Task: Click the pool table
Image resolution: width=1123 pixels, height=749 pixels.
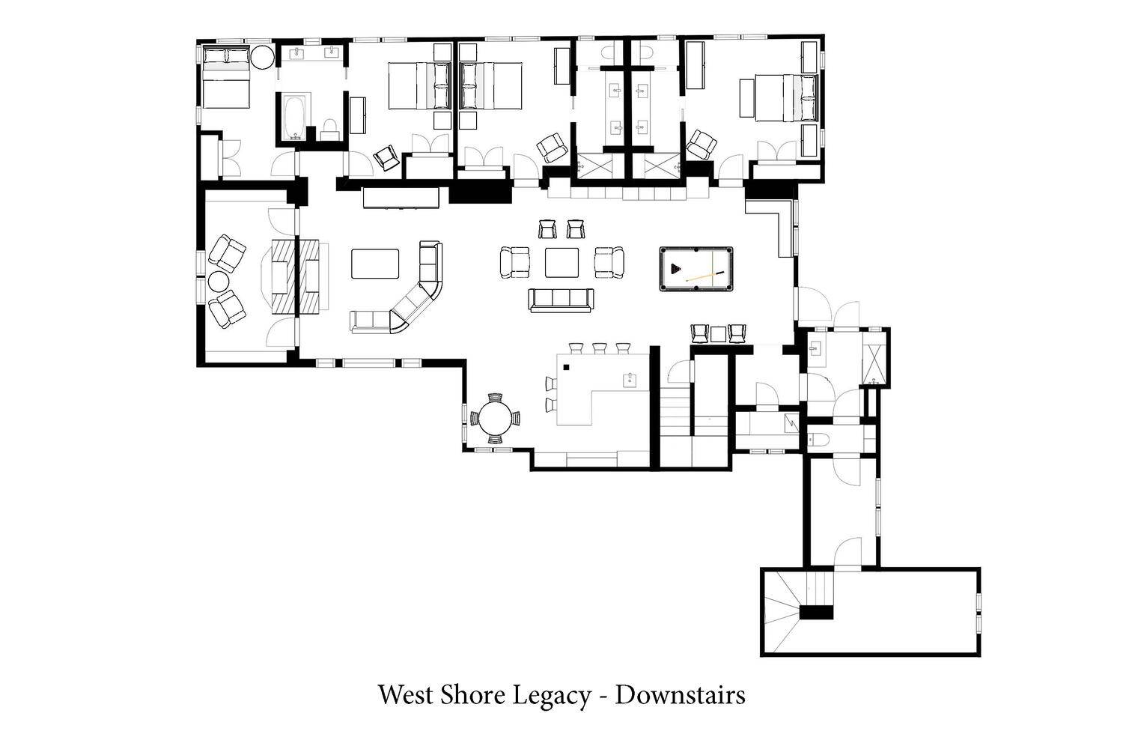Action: tap(696, 268)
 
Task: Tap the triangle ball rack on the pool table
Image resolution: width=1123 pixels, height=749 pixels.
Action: tap(676, 269)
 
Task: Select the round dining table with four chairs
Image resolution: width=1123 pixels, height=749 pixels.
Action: tap(496, 419)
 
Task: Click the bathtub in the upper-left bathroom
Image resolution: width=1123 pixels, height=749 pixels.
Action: tap(293, 118)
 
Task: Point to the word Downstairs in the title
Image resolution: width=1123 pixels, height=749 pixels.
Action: tap(680, 695)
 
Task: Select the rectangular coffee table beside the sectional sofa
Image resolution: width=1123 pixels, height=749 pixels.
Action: tap(375, 264)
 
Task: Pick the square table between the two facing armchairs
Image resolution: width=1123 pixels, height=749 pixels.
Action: tap(561, 262)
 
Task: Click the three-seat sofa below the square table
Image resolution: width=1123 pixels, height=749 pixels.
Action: tap(561, 300)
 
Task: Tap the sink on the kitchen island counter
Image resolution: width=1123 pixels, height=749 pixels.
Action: tap(630, 380)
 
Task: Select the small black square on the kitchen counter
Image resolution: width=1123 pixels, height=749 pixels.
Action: tap(567, 367)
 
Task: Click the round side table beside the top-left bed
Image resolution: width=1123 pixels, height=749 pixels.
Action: tap(262, 57)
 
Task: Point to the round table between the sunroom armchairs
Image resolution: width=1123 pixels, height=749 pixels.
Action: tap(219, 282)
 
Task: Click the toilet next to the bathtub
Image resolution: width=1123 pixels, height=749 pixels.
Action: tap(330, 130)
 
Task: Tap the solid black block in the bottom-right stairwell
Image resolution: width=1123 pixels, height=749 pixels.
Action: tap(816, 613)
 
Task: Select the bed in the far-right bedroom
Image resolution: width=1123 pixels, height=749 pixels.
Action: tap(779, 97)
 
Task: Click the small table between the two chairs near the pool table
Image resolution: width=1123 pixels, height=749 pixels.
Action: tap(719, 333)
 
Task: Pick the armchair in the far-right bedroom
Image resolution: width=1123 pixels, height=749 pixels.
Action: tap(701, 145)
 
